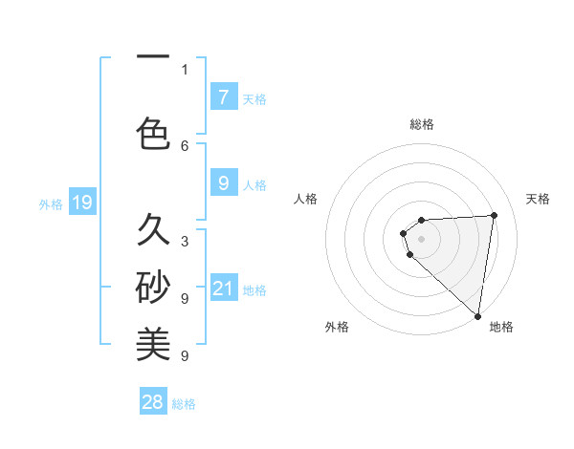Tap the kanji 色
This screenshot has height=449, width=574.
pos(153,133)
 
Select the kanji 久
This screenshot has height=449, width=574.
pos(153,229)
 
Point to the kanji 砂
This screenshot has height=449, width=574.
pos(153,287)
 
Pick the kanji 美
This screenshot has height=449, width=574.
pos(153,344)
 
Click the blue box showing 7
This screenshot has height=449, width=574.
pos(223,97)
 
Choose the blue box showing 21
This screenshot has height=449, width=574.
pos(223,289)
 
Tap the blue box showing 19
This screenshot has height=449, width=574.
pos(81,203)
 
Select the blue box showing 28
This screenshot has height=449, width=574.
pos(153,402)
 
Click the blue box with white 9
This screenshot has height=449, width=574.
pos(223,183)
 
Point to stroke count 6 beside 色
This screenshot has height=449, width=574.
pos(185,145)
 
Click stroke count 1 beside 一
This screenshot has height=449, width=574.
pos(185,69)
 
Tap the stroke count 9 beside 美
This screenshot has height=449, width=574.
pos(185,355)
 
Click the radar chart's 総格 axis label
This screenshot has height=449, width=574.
pos(421,124)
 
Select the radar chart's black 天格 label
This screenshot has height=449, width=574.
pos(538,199)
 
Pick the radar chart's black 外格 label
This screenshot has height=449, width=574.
pos(336,327)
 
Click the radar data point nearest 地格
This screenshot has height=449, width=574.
pos(477,315)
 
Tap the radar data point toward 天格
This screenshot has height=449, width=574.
pos(494,215)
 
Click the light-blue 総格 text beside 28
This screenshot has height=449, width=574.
pos(184,404)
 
